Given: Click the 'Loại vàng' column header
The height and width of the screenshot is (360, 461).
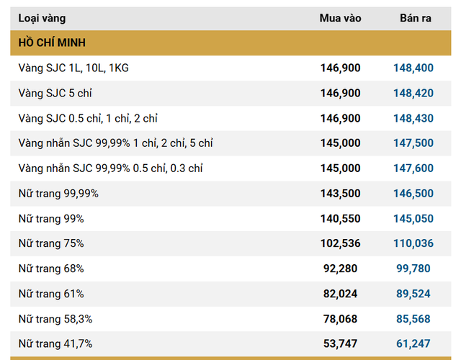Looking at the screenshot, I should coord(40,18).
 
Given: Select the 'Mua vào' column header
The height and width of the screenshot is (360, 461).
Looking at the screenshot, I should coord(340,18).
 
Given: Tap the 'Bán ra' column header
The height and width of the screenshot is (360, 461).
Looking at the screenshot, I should coord(416,18).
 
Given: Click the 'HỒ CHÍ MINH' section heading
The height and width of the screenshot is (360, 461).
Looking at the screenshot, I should coord(52,43).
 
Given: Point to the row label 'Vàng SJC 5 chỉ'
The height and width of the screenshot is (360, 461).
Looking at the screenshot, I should coord(55,94).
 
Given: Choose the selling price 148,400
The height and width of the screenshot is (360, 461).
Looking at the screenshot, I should coord(413,68).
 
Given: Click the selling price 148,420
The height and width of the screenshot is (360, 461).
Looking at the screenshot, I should coord(413,94).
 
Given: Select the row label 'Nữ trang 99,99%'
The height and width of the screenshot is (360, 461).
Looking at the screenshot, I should coord(58,194).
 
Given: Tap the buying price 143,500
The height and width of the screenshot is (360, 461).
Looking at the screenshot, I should coord(340,194).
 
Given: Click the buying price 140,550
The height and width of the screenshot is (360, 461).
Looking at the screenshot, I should coord(340,219).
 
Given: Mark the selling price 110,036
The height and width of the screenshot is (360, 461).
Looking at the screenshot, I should coord(413,243).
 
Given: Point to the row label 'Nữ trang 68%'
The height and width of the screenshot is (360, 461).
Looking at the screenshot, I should coord(51,269).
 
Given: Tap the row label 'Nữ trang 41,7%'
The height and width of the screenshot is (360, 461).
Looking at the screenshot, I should coord(55,343).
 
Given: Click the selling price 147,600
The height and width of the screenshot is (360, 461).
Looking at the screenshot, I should coord(413,168).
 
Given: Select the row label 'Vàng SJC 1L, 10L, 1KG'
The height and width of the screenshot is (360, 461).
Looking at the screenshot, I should coord(73,68).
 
